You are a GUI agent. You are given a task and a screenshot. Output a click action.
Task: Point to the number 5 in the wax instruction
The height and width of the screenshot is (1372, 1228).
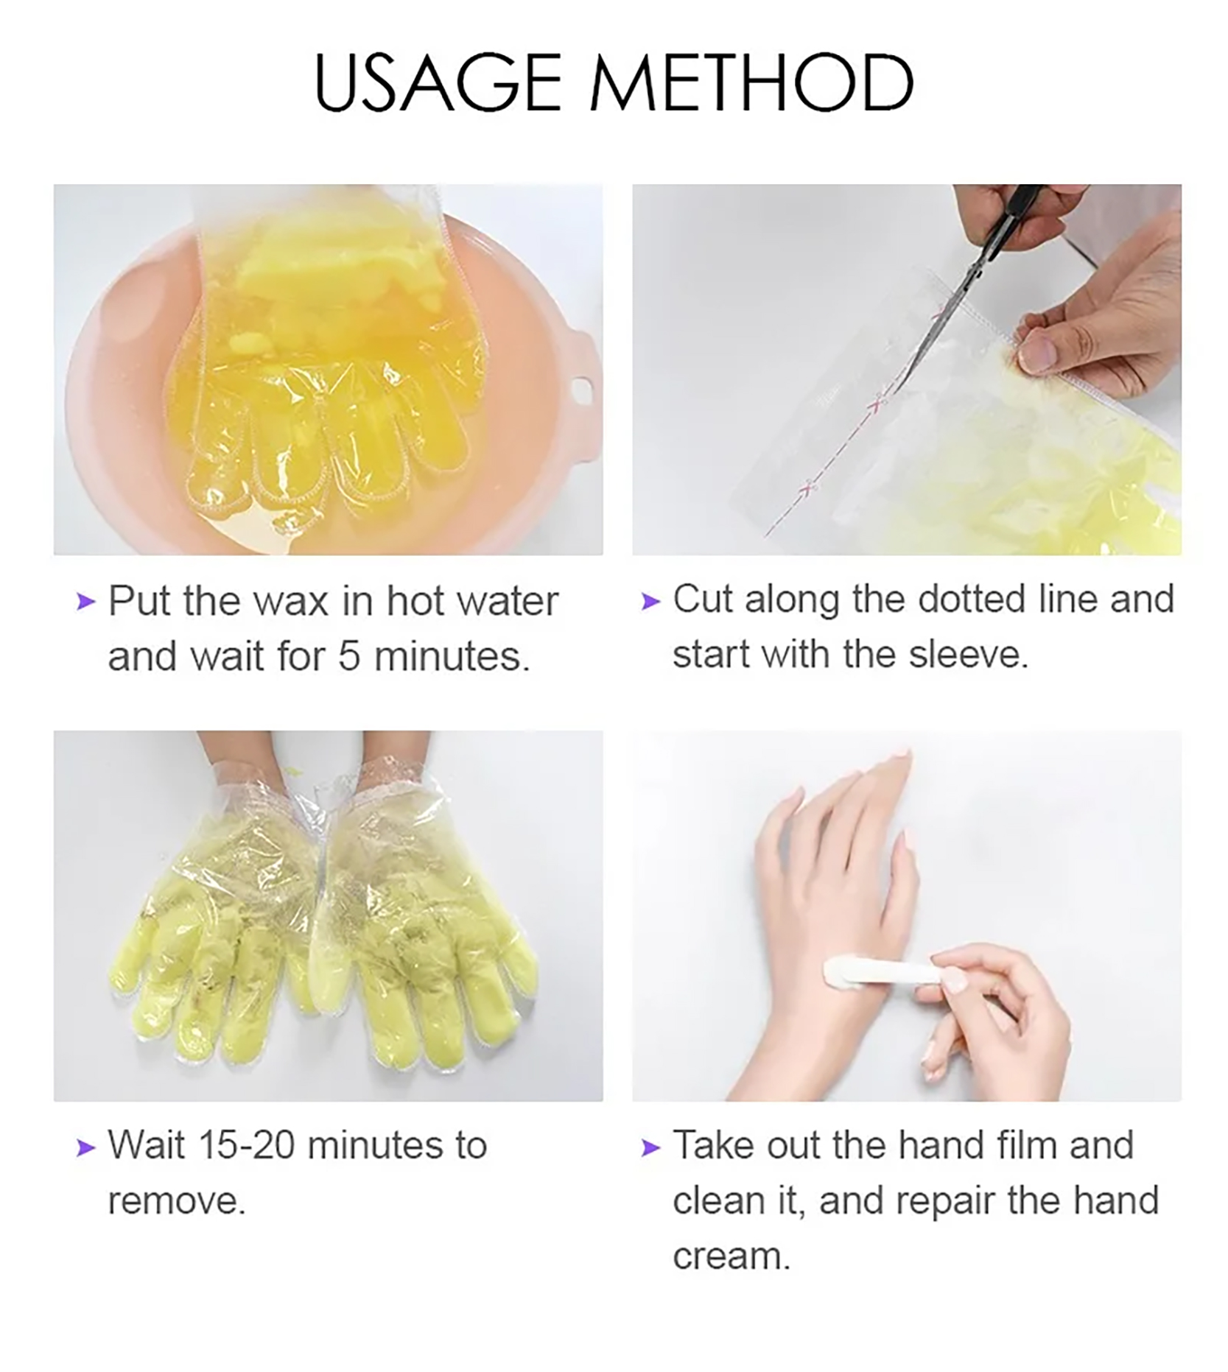click(348, 656)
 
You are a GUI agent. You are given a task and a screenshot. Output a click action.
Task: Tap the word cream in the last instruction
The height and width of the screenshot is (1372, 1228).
click(731, 1257)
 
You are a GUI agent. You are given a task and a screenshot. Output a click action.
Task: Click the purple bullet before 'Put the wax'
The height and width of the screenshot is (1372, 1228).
click(86, 602)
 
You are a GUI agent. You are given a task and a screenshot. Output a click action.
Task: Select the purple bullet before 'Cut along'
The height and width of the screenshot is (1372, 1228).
click(650, 602)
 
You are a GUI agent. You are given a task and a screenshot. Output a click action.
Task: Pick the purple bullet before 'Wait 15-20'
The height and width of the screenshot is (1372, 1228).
click(86, 1147)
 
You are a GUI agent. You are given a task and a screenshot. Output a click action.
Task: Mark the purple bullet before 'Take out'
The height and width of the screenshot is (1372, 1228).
click(650, 1147)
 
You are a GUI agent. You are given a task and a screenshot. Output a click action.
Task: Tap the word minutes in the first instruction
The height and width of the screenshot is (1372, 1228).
click(452, 656)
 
